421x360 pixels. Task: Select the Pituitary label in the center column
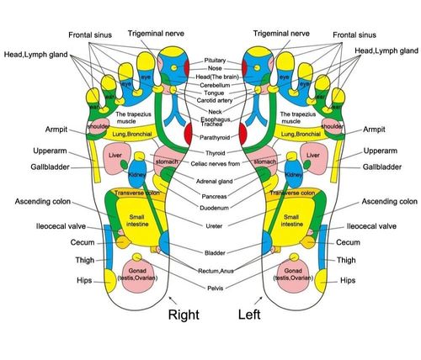(215, 61)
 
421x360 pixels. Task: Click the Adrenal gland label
(215, 179)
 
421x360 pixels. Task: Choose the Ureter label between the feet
(215, 225)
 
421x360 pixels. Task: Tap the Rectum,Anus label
(215, 270)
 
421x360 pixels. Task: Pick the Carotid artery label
(215, 100)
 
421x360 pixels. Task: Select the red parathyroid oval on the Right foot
(187, 134)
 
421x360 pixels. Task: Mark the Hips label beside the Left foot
(349, 279)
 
